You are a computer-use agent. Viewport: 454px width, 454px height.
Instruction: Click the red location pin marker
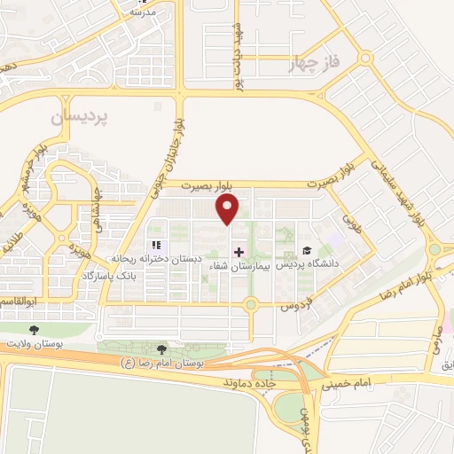point(229,208)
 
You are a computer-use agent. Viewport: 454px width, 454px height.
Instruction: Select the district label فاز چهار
point(315,64)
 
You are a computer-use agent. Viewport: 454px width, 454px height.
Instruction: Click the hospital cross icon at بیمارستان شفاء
point(239,252)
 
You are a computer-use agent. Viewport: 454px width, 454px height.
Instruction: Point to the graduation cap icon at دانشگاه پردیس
point(307,251)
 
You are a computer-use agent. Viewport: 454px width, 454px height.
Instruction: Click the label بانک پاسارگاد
point(137,276)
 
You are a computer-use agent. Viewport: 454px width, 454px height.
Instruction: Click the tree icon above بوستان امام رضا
point(160,349)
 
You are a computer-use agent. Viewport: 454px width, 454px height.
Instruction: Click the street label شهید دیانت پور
point(237,67)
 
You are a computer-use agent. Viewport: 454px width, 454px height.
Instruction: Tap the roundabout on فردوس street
point(251,305)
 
